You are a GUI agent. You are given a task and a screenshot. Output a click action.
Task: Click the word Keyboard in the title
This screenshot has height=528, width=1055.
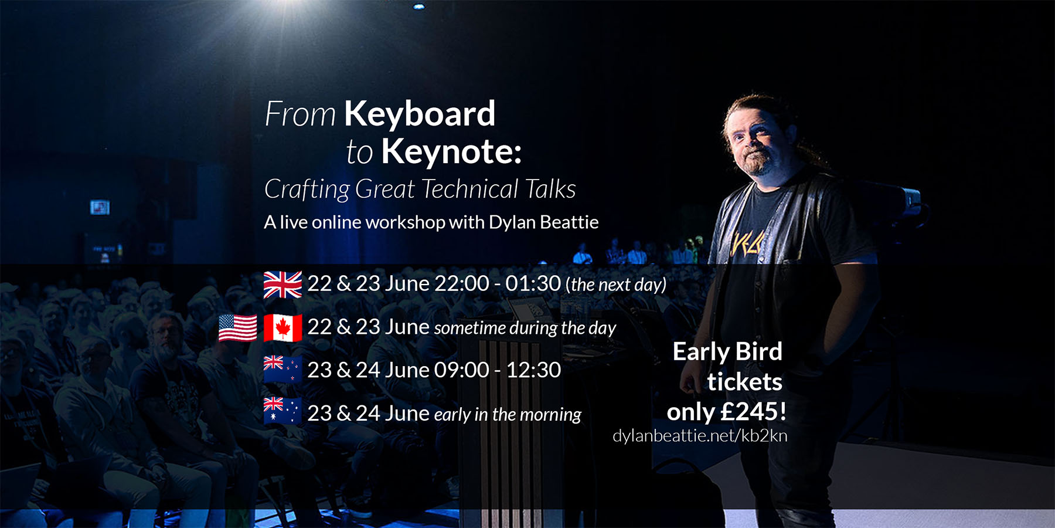(x=420, y=114)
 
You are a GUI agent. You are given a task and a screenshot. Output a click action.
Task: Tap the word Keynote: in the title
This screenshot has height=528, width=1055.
(x=451, y=151)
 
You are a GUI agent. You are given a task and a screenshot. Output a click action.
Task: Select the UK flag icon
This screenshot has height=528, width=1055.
(x=283, y=285)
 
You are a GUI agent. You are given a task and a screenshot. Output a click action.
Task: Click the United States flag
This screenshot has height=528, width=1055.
(x=237, y=328)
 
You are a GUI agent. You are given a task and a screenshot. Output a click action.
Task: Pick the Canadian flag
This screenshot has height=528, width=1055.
(x=283, y=328)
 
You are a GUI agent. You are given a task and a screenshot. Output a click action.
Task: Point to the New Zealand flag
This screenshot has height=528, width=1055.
(x=283, y=370)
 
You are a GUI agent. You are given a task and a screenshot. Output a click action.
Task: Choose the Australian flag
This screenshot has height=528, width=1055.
(x=283, y=411)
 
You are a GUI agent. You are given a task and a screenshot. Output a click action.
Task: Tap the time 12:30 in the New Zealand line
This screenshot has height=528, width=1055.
(x=533, y=370)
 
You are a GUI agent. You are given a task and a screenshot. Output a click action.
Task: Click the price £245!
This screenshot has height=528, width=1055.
(x=753, y=412)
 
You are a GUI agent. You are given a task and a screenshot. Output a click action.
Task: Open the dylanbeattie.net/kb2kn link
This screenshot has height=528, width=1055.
(x=700, y=436)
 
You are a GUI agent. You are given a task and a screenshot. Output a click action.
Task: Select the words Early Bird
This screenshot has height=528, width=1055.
(x=727, y=352)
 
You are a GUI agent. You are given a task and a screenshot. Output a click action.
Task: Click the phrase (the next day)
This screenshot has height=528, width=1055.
(x=616, y=285)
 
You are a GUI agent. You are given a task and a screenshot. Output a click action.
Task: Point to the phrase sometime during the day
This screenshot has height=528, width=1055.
(x=525, y=328)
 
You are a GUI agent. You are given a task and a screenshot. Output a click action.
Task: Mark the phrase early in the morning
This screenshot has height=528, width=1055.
(x=508, y=415)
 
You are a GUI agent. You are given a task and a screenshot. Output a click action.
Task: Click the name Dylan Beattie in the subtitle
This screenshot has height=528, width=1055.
(x=544, y=222)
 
